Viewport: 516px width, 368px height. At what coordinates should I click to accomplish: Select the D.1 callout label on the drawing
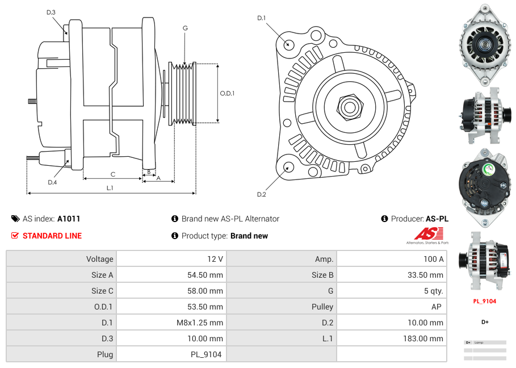[261, 18]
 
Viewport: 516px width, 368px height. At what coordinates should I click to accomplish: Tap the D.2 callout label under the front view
[261, 195]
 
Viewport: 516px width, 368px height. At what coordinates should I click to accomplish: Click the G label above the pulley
[185, 28]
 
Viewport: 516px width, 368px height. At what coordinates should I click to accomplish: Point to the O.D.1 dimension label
[227, 94]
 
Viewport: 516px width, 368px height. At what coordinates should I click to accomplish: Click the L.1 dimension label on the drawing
[110, 188]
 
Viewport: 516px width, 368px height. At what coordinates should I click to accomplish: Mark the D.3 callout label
[51, 12]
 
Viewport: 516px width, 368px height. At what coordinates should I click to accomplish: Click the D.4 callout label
[52, 182]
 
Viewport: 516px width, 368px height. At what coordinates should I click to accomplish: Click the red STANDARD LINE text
[52, 236]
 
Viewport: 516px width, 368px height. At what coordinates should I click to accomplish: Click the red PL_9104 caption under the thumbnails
[485, 302]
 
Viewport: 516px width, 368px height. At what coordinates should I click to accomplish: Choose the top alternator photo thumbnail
[484, 45]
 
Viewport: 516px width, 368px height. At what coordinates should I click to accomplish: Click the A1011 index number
[69, 219]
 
